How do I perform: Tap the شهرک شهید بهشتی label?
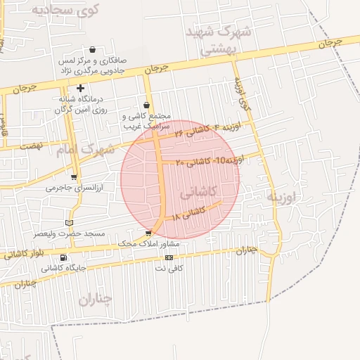tap(214, 41)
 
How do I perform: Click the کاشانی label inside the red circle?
tap(199, 191)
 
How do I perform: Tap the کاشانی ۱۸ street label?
tap(189, 212)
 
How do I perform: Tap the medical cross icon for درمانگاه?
tap(81, 89)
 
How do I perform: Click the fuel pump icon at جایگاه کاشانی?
tap(64, 257)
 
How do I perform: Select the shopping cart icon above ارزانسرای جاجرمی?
tap(74, 177)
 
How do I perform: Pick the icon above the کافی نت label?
tap(168, 257)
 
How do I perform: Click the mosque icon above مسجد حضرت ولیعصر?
tap(68, 222)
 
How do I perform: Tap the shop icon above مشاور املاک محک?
tap(148, 233)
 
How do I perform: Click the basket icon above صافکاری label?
tap(92, 49)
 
